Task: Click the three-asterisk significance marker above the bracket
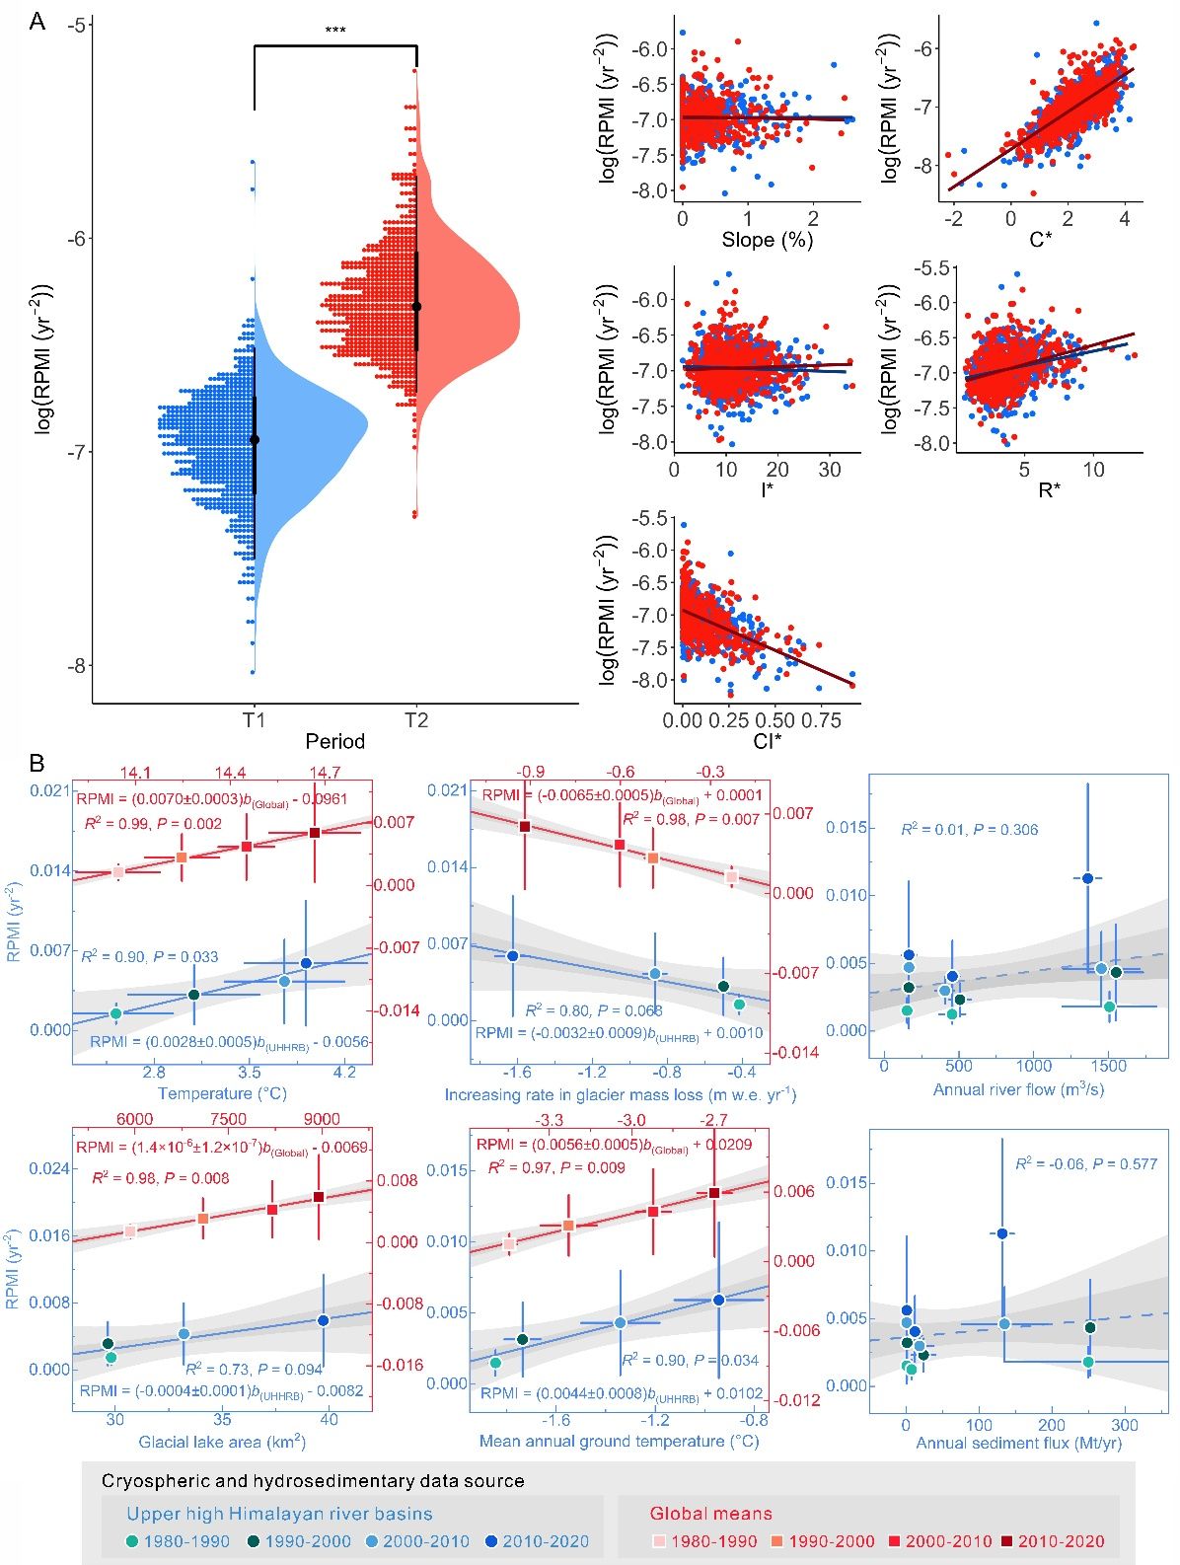point(334,31)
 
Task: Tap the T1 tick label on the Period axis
point(254,720)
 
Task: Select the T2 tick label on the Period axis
point(416,720)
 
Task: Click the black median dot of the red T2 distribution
point(416,307)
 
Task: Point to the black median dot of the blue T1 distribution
point(255,440)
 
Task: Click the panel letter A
point(37,22)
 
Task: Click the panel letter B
point(37,763)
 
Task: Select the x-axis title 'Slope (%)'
point(767,240)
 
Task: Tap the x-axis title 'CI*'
point(767,741)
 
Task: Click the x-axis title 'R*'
point(1047,490)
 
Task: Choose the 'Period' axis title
point(334,741)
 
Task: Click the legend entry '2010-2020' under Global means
point(1054,1540)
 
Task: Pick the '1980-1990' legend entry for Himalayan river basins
point(179,1540)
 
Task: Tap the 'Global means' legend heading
point(710,1513)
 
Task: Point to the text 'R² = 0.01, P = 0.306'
point(969,829)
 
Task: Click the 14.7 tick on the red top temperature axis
point(325,773)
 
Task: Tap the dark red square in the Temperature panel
point(315,833)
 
